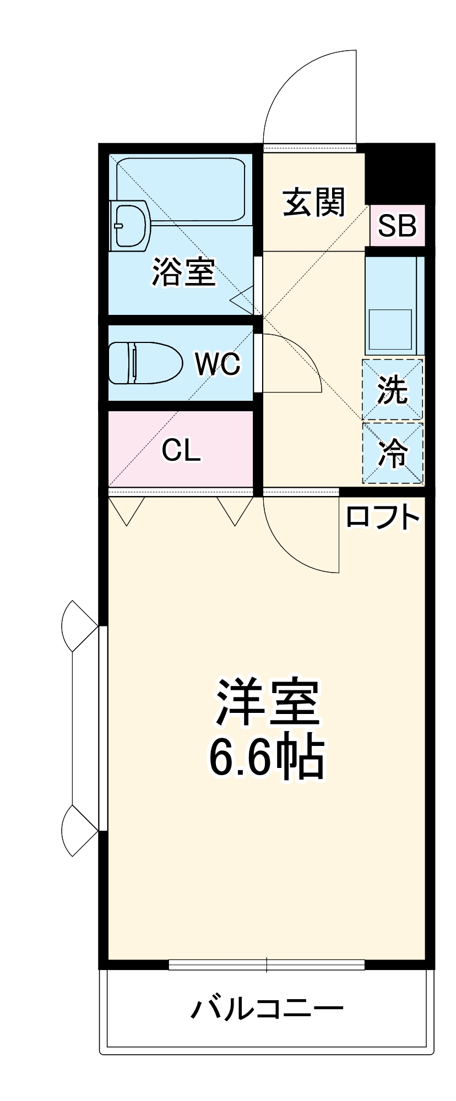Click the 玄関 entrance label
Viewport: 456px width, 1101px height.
coord(313,202)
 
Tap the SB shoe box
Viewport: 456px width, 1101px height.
coord(397,225)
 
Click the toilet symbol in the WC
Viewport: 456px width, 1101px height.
coord(145,363)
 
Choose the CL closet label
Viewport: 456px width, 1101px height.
coord(181,450)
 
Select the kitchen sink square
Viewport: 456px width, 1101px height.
coord(390,329)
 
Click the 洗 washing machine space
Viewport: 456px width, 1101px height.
coord(392,390)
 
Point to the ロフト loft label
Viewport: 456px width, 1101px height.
coord(382,517)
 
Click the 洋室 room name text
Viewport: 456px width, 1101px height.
coord(268,703)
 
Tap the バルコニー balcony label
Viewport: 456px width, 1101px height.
coord(267,1009)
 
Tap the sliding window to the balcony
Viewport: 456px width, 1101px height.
coord(267,964)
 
